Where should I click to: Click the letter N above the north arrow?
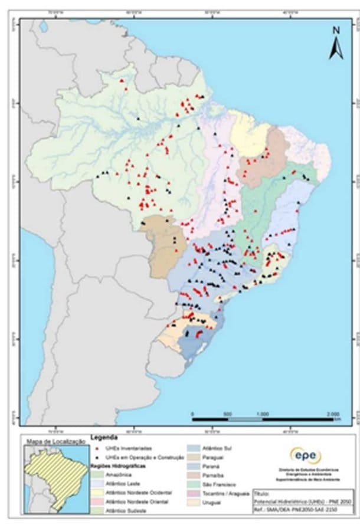click(x=335, y=31)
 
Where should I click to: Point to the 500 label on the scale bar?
click(x=227, y=413)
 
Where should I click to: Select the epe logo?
click(x=306, y=455)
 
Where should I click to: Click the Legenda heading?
click(x=104, y=438)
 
